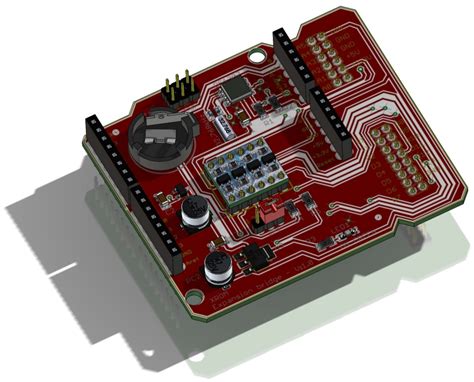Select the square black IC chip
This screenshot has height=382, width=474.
(x=236, y=90)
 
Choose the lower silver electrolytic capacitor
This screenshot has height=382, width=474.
(x=216, y=267)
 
